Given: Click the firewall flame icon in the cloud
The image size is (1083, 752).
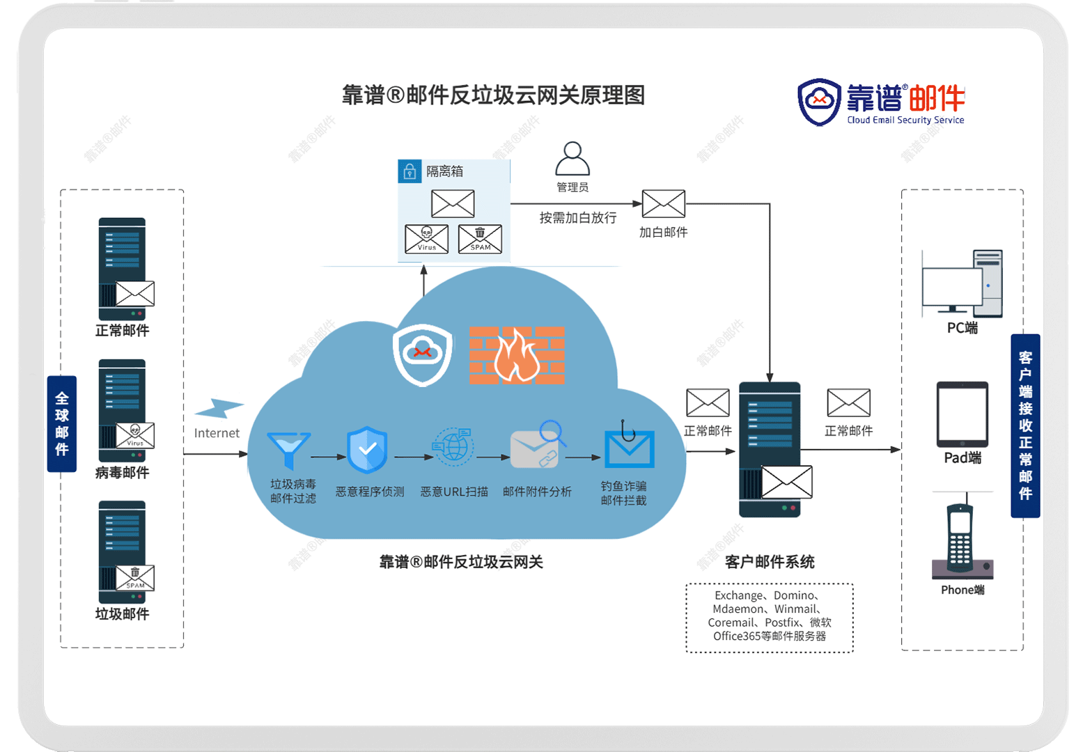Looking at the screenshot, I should [x=517, y=355].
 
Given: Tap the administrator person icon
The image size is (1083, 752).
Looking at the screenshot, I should [x=572, y=159].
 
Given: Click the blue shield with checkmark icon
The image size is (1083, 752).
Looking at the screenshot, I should [x=367, y=450].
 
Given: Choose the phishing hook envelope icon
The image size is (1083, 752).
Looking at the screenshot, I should [x=628, y=446].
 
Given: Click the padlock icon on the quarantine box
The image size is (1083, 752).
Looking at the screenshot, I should [x=410, y=171].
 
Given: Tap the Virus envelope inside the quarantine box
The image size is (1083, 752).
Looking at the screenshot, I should [x=426, y=239].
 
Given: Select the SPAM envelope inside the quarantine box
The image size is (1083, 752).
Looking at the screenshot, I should [x=480, y=239].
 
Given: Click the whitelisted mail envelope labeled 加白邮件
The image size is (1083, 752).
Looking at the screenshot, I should [x=663, y=204].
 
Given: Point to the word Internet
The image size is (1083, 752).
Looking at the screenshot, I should [x=217, y=433].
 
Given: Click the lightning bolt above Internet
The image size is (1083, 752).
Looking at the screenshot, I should [x=219, y=408].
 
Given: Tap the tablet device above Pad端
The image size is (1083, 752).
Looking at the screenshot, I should [x=963, y=414].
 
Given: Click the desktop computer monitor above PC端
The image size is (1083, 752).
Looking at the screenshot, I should [x=952, y=288].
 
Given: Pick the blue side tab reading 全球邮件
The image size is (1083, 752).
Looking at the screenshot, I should [x=62, y=423].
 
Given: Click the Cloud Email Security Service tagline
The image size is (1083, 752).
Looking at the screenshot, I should [x=905, y=120].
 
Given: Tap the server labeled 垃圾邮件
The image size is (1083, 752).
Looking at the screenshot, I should [x=123, y=551].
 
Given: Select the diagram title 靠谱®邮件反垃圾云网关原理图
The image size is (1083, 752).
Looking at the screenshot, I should [x=493, y=95].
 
